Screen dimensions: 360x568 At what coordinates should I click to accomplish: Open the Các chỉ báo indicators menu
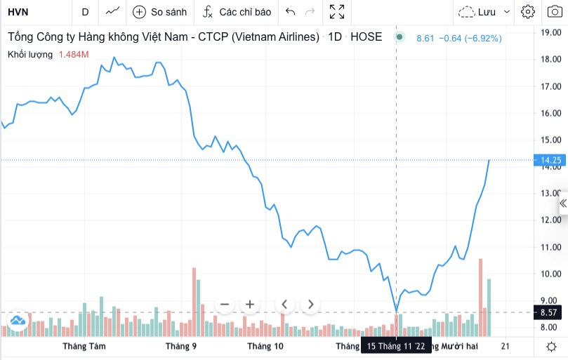237,12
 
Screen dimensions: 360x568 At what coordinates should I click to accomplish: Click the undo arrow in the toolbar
291,12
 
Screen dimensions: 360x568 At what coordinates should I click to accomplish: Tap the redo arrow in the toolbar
310,12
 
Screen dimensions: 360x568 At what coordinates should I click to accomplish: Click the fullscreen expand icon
337,12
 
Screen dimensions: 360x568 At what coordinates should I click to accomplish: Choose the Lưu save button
477,12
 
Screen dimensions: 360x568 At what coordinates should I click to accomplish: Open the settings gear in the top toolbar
528,12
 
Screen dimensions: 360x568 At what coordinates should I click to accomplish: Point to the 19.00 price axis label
550,32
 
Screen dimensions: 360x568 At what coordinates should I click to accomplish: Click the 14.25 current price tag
550,161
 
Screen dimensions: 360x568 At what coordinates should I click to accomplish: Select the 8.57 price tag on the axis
550,312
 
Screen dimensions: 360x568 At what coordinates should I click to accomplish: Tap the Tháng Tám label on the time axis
79,347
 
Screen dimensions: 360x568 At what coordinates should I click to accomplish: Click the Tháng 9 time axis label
181,347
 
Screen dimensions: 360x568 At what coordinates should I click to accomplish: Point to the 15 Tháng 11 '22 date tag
396,347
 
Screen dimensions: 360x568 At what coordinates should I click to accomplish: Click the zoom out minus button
225,305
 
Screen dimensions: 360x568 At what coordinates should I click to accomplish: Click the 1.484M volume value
74,54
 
